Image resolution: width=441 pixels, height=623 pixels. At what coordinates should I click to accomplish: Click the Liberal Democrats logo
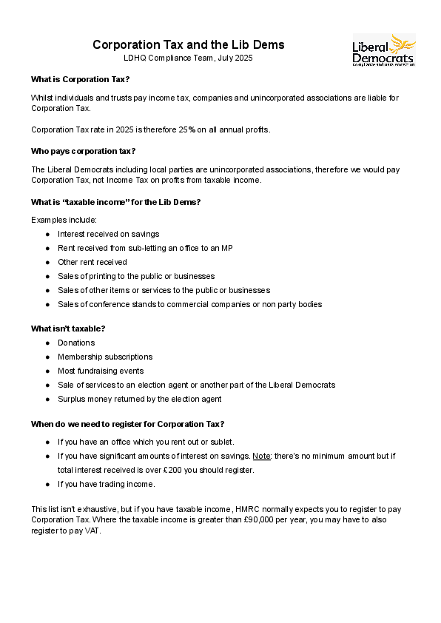383,50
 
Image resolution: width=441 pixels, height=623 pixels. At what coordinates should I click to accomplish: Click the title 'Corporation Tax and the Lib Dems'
188,45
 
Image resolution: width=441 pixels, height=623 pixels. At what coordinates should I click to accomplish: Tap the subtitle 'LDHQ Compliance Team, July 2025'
188,58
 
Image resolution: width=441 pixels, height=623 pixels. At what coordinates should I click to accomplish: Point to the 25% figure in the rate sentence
186,129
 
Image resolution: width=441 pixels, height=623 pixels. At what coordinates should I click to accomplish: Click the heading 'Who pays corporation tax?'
83,151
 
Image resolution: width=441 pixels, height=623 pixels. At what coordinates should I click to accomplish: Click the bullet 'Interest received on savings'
108,234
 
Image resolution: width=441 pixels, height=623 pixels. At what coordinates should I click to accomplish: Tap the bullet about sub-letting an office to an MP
145,248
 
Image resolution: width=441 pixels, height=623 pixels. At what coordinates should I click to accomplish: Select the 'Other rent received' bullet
92,262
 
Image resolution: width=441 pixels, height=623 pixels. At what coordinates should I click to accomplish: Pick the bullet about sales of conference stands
189,304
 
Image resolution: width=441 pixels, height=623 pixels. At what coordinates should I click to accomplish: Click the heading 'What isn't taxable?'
68,329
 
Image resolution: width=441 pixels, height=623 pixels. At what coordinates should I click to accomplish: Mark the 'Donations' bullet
76,343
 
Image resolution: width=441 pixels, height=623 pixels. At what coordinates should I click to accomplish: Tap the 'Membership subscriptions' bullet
105,357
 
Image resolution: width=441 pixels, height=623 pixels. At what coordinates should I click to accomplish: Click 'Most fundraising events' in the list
101,371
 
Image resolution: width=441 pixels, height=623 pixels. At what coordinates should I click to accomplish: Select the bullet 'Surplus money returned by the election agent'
139,399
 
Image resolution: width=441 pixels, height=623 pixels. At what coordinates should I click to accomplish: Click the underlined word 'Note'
260,456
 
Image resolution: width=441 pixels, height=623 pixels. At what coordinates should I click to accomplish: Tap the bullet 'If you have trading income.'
107,484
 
